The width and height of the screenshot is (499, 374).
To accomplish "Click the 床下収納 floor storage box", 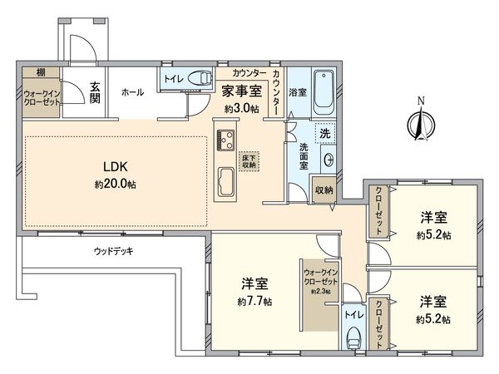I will pyautogui.click(x=247, y=160).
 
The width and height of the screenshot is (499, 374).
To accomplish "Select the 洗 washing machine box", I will pyautogui.click(x=324, y=133).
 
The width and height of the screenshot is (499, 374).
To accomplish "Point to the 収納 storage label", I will pyautogui.click(x=325, y=190).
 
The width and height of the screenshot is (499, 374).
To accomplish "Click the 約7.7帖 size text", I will pyautogui.click(x=254, y=301).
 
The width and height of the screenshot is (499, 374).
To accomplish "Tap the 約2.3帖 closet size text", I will pyautogui.click(x=320, y=291).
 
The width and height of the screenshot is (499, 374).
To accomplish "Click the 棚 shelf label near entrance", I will pyautogui.click(x=29, y=73).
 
